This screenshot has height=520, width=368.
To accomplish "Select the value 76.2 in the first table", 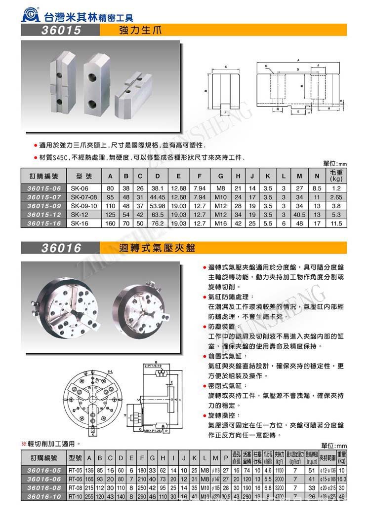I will pos(157,223).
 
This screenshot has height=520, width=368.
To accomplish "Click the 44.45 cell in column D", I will pos(157,196).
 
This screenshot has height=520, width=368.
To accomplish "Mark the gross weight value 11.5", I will pos(337,223).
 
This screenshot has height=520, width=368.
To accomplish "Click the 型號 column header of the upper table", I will pos(84,176).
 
